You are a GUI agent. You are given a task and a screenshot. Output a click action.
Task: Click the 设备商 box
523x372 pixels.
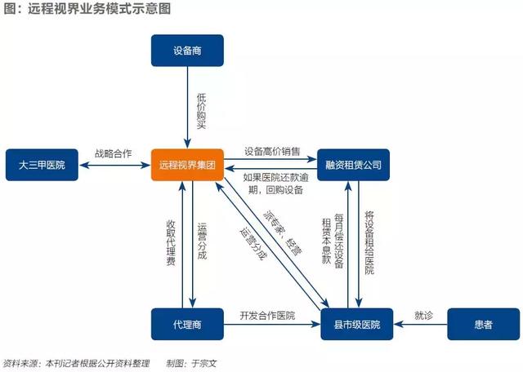click(187, 51)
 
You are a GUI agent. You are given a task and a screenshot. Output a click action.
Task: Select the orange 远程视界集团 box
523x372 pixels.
click(187, 165)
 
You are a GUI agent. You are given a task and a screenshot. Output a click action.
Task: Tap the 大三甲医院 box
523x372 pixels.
click(42, 165)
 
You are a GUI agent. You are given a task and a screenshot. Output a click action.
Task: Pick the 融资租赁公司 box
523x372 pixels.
click(353, 165)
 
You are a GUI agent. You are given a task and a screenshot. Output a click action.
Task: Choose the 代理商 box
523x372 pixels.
click(187, 324)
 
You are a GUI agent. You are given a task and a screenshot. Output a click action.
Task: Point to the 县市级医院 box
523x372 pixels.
click(357, 324)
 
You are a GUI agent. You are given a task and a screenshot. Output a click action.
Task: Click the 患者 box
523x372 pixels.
click(483, 324)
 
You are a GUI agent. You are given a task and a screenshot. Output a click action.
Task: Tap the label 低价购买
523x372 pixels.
click(202, 111)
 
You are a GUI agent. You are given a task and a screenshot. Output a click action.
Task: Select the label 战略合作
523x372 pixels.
click(113, 153)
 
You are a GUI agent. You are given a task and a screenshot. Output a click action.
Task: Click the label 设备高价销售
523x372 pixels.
click(272, 152)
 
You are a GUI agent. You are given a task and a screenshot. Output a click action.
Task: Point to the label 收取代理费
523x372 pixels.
click(171, 243)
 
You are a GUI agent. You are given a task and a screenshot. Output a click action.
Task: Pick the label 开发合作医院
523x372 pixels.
click(267, 315)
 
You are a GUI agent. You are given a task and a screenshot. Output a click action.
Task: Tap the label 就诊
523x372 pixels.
click(423, 315)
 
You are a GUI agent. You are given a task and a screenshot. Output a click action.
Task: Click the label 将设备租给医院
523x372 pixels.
click(369, 242)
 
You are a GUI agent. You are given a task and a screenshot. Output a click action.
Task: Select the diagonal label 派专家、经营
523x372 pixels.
click(283, 232)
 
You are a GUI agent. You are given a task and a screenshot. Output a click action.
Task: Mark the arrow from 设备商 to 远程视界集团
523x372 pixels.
click(187, 107)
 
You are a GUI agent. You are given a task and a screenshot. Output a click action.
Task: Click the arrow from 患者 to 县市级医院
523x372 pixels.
click(420, 324)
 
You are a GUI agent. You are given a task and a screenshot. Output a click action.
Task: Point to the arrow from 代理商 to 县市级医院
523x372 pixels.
click(272, 324)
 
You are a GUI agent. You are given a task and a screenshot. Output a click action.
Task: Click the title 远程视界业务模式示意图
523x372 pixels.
click(99, 9)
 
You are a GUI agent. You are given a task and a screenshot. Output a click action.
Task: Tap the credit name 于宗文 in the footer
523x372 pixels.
click(204, 363)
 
